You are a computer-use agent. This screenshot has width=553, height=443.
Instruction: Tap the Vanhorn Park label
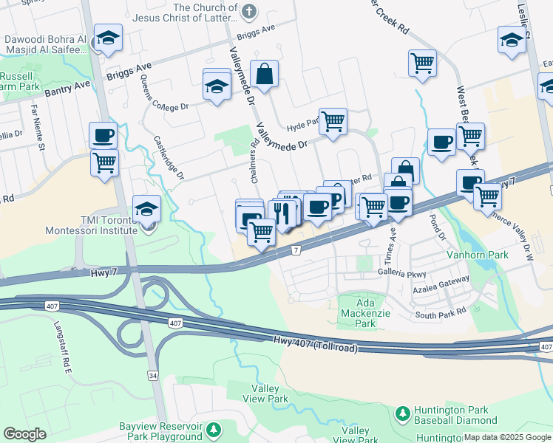(x=478, y=255)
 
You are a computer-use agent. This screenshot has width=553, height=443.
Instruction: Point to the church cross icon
(x=249, y=11)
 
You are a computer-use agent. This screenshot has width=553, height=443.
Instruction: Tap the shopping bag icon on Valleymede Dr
(x=265, y=74)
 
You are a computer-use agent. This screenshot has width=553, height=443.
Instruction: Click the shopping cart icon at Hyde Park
(x=333, y=120)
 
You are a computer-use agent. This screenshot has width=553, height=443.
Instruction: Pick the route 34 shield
(x=152, y=376)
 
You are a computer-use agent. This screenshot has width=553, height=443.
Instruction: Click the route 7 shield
(x=296, y=251)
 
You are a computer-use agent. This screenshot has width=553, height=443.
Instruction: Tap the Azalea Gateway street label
(x=441, y=281)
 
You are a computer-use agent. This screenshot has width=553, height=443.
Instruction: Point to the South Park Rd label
(x=441, y=313)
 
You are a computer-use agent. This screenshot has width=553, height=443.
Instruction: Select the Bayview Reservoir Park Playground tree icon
(x=214, y=429)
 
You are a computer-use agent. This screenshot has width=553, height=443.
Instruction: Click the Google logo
(x=24, y=433)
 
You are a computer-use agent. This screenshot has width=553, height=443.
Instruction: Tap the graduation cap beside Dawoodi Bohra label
(x=109, y=39)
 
